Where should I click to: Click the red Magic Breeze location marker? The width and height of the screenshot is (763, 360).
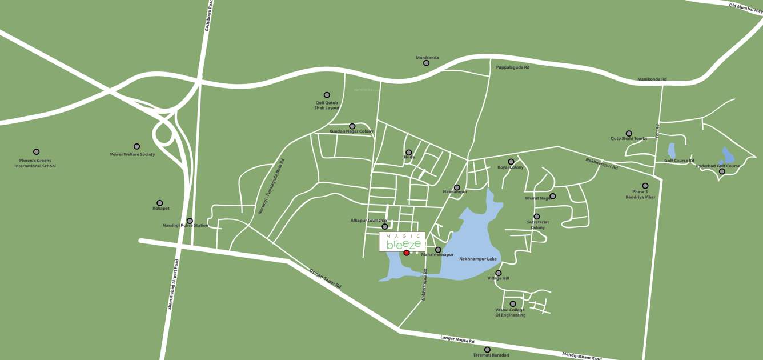point(407,253)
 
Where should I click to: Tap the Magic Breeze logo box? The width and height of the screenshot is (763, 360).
point(403,241)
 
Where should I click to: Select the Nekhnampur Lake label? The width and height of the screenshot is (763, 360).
point(478,259)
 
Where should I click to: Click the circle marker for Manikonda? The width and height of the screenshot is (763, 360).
point(426,63)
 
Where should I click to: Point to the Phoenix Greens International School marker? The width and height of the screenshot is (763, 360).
point(37,152)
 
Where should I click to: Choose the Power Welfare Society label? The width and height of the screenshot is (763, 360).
point(132,154)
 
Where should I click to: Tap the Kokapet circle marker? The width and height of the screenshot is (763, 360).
point(160,203)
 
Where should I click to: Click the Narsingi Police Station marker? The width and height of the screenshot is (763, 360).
point(190,221)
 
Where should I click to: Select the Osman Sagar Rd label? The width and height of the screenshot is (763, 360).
point(325,278)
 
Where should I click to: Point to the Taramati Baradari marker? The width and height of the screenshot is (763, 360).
point(487,350)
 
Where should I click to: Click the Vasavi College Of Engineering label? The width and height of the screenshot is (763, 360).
point(511,313)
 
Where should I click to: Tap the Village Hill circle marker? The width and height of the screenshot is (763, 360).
point(499,273)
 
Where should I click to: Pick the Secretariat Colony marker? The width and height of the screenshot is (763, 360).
point(537,217)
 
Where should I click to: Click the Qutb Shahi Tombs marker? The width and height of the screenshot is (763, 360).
point(629,134)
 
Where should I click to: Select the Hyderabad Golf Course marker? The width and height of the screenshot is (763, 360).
point(722,171)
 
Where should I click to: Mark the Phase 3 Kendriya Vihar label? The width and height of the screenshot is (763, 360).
point(640,194)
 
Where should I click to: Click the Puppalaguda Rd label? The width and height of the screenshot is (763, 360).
point(513,67)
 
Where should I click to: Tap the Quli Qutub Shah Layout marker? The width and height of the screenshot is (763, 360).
point(327,95)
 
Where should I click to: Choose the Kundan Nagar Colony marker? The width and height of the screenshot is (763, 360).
point(352,126)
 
